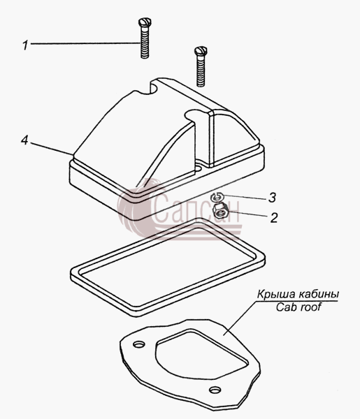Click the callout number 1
tap(25, 45)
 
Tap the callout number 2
tap(274, 218)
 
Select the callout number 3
tap(272, 198)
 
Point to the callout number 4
tap(24, 140)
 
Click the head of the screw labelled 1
tap(145, 22)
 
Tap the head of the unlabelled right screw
tap(201, 50)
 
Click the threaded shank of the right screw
tap(201, 71)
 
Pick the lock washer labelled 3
tap(217, 197)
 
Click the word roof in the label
tap(310, 307)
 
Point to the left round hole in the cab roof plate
tap(139, 344)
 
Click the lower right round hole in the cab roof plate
tap(214, 390)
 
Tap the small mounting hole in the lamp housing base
tap(199, 169)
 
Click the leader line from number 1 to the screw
tap(85, 43)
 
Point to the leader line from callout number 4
tap(51, 148)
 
